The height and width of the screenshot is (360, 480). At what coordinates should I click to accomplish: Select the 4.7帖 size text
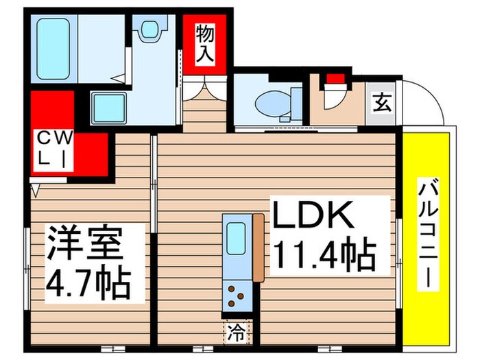88,283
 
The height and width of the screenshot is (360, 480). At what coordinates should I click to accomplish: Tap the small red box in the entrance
334,77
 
